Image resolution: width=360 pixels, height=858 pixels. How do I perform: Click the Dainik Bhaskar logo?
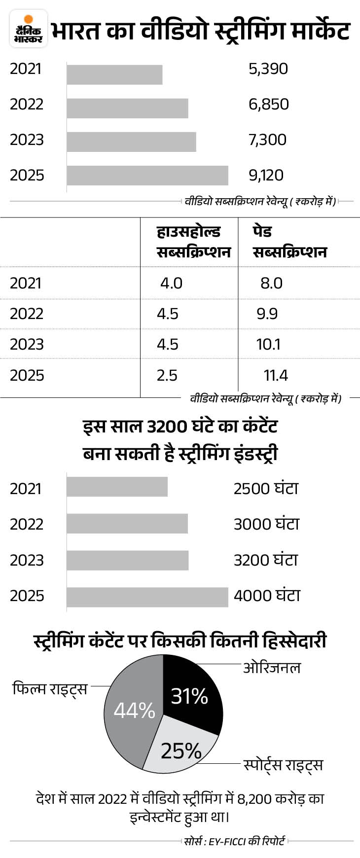[x=29, y=29]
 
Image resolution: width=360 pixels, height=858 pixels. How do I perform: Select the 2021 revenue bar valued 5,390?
[x=114, y=74]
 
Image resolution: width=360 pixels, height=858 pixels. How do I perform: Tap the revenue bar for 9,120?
[x=147, y=175]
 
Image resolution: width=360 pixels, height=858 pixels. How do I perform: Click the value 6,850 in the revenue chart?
[x=268, y=104]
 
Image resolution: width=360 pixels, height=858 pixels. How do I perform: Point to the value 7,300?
[x=267, y=140]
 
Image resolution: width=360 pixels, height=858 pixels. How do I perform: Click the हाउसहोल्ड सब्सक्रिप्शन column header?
[x=193, y=242]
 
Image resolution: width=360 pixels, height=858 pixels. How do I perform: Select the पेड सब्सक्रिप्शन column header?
[x=289, y=242]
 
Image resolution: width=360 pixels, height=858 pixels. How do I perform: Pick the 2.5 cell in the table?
[x=167, y=375]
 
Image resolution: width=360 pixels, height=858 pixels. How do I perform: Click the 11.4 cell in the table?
[x=276, y=375]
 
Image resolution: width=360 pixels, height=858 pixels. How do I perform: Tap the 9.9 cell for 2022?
[x=267, y=314]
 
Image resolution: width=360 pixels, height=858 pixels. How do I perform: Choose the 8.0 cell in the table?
[x=271, y=283]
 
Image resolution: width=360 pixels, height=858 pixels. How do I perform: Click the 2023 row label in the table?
[x=27, y=344]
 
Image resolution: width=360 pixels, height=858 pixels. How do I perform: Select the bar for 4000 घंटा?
[x=147, y=597]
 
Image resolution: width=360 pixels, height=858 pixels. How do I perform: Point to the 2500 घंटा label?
[x=266, y=488]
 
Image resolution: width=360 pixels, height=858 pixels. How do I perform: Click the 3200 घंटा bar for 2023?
[x=127, y=560]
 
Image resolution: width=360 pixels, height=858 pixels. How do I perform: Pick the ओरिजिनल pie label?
[x=272, y=668]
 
